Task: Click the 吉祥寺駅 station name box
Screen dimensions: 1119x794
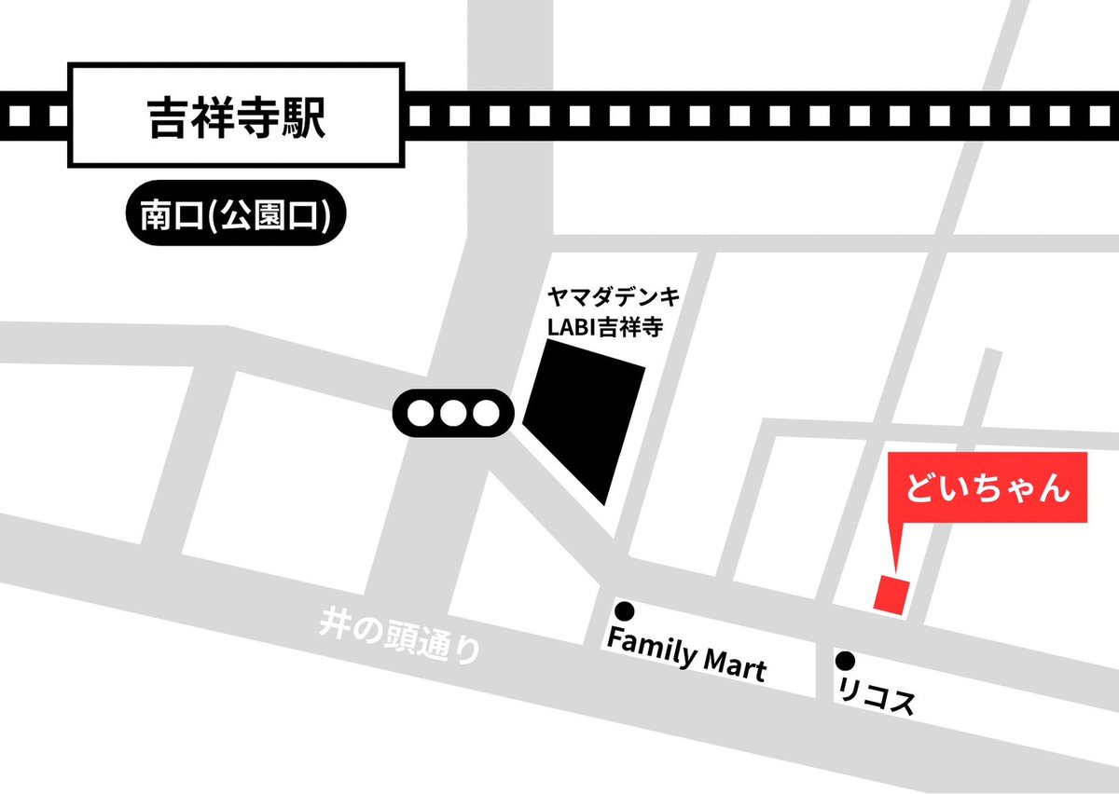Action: pos(237,116)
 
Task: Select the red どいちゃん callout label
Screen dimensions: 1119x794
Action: pos(988,487)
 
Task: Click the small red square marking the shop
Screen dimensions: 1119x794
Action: pos(891,595)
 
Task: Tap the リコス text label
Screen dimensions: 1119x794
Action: pos(877,698)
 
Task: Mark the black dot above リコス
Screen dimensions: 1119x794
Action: pos(846,661)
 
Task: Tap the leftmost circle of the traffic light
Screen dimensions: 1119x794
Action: pos(421,412)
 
